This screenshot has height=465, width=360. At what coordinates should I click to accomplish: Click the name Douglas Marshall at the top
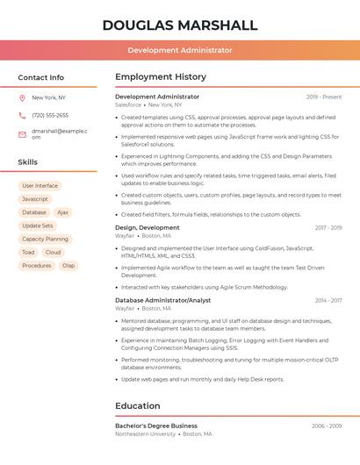coord(180,25)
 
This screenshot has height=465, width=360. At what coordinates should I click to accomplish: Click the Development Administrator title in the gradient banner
coord(180,50)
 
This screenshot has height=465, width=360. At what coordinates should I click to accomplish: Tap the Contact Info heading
coord(41,77)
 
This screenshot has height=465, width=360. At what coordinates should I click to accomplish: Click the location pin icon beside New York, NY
coord(22,97)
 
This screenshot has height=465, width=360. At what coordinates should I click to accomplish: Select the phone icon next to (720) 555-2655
coord(22,115)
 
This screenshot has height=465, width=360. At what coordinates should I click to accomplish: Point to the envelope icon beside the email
coord(22,134)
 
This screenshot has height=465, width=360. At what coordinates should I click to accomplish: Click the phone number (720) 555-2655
coord(50,115)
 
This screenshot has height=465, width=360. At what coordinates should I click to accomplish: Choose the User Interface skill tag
coord(40,186)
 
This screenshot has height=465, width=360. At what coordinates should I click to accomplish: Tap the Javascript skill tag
coord(35,199)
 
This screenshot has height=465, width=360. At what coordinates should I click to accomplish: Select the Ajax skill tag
coord(62,212)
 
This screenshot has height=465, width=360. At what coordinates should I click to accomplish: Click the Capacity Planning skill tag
coord(45,239)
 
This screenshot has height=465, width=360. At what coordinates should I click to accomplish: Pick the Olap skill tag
coord(68,265)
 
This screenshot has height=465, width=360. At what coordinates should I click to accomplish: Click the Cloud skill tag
coord(54,252)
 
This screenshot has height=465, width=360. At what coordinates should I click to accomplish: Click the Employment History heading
coord(161,77)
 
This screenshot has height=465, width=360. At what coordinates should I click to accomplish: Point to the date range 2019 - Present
coord(324,97)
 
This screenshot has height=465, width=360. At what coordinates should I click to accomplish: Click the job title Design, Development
coord(148,227)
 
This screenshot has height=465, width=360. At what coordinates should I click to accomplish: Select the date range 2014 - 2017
coord(328,300)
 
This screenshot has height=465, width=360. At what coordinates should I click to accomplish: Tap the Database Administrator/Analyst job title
coord(163,300)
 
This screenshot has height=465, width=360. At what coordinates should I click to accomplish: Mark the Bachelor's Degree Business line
coord(156,426)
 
